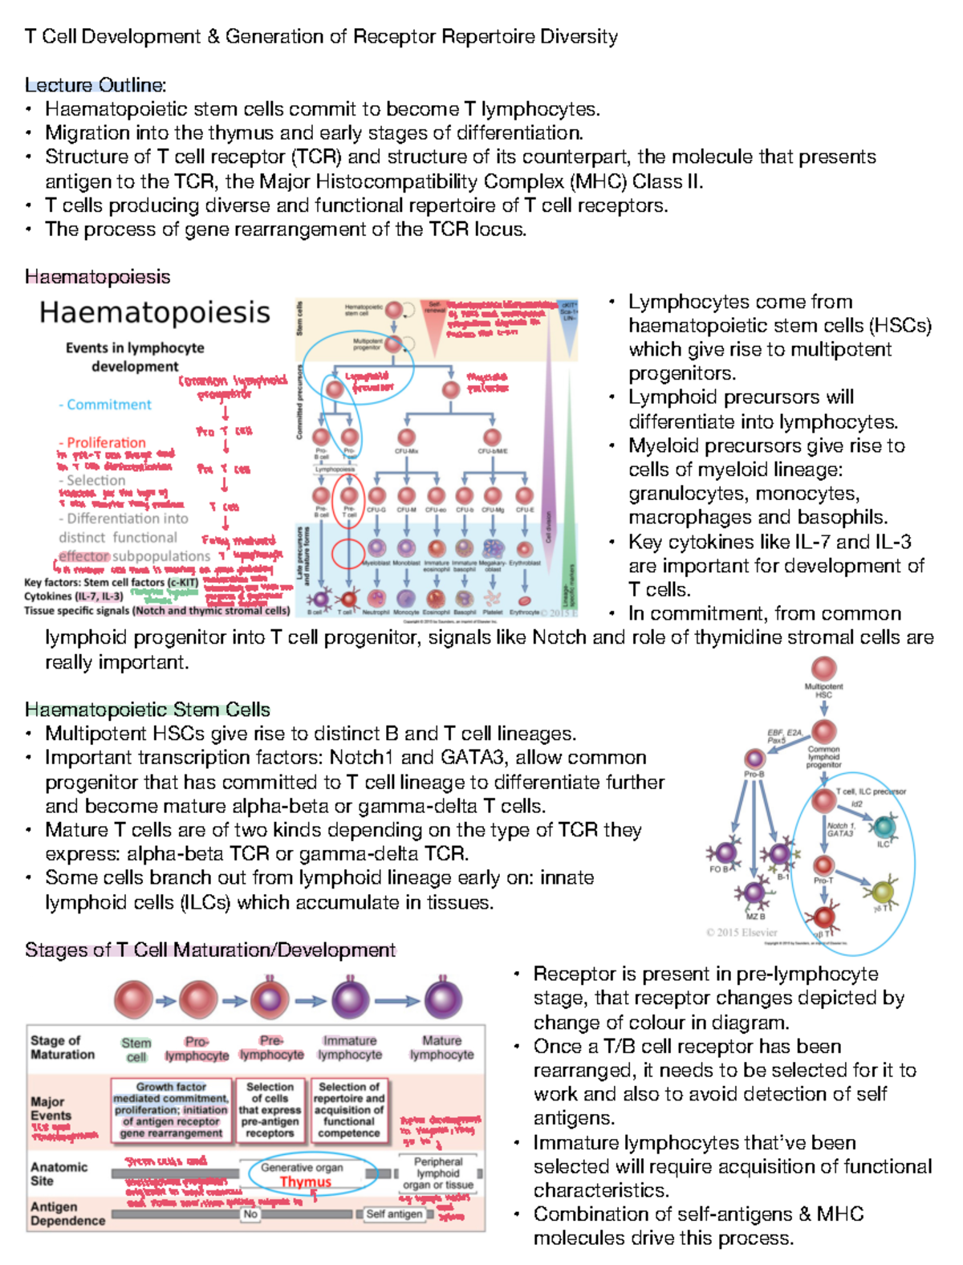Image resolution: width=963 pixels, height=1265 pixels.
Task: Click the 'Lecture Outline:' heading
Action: (95, 85)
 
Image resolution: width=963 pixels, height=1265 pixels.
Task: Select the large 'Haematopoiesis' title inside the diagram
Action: (155, 312)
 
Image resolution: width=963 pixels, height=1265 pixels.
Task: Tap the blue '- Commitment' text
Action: (105, 405)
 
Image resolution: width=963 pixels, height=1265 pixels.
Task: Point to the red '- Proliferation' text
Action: (103, 442)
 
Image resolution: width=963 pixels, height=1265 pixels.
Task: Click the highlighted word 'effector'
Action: (83, 556)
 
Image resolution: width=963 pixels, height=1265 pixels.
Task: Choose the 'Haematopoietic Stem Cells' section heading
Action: (147, 710)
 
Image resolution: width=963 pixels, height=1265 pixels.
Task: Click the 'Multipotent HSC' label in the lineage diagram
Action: (823, 690)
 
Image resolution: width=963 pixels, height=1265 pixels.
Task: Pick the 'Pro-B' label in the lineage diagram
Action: (754, 775)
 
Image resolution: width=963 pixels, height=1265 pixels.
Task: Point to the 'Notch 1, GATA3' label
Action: (840, 829)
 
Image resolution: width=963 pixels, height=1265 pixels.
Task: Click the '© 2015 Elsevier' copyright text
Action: (742, 932)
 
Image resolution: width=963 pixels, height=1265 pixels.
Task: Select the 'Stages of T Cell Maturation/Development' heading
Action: (210, 950)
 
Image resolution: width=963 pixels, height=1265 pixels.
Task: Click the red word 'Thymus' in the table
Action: (305, 1182)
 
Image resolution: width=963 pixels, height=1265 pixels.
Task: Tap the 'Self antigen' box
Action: (394, 1214)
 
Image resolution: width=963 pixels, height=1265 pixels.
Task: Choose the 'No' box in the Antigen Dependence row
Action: (250, 1214)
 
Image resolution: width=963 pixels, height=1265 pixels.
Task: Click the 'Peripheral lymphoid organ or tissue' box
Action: (437, 1173)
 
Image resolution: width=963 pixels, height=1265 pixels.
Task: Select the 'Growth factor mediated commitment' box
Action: (170, 1109)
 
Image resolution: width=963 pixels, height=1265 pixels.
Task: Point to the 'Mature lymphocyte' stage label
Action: (441, 1047)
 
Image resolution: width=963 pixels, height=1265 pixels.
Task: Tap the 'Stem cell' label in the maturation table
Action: (136, 1049)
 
